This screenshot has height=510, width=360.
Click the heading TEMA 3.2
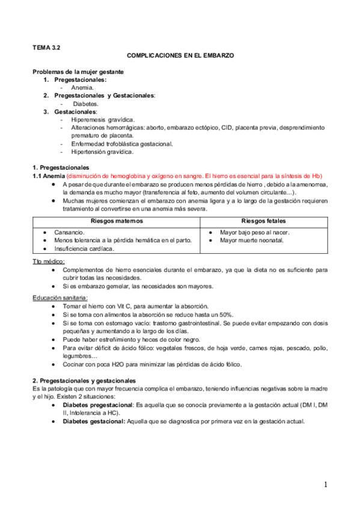pyautogui.click(x=46, y=46)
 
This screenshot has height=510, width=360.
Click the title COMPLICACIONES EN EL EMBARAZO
pyautogui.click(x=180, y=55)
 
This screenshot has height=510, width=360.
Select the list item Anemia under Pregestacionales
pyautogui.click(x=82, y=87)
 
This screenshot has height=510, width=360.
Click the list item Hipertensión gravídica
pyautogui.click(x=102, y=152)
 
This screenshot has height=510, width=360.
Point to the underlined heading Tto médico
pyautogui.click(x=49, y=262)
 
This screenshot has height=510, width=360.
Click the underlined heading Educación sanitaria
pyautogui.click(x=60, y=297)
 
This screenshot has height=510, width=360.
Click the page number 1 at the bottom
pyautogui.click(x=325, y=485)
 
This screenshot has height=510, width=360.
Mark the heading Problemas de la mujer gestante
pyautogui.click(x=78, y=72)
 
